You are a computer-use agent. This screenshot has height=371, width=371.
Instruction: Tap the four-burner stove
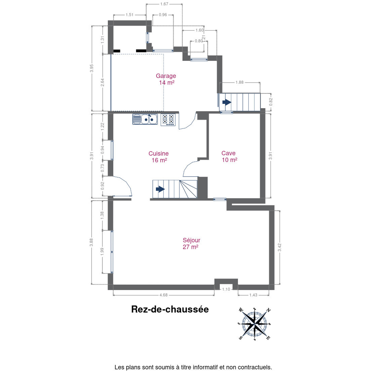[x=168, y=120]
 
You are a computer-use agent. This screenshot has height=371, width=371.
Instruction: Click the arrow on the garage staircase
[x=227, y=102]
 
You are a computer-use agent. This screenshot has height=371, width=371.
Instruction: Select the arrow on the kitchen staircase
[x=160, y=189]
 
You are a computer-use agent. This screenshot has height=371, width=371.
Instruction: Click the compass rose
[x=255, y=324]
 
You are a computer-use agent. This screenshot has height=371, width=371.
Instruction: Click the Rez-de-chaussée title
[x=170, y=309]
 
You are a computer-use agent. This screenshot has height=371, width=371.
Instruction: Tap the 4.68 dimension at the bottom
[x=163, y=295]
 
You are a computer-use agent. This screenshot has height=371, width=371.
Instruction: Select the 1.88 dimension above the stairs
[x=240, y=82]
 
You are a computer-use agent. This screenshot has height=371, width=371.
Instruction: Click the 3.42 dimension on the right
[x=280, y=247]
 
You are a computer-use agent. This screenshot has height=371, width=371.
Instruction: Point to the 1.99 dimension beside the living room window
[x=102, y=252]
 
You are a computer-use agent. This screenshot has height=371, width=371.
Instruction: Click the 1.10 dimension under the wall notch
[x=226, y=289]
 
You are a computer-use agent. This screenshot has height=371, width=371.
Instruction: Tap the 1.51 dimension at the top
[x=130, y=15]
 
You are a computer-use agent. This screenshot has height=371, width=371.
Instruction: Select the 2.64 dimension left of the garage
[x=103, y=82]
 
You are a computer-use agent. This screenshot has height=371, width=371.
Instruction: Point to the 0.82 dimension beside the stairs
[x=271, y=102]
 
